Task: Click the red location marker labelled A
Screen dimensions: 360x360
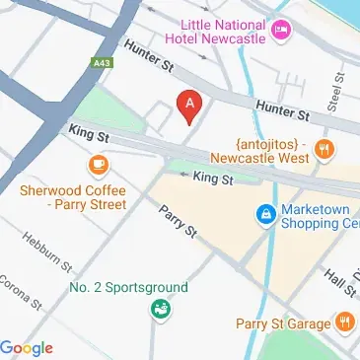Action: coord(188,103)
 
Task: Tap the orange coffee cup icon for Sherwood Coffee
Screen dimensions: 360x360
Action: coord(98,165)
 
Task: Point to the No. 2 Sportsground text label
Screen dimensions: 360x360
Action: coord(127,288)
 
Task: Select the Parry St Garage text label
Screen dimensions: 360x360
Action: coord(283,322)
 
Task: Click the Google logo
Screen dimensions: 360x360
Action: coord(28,347)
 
